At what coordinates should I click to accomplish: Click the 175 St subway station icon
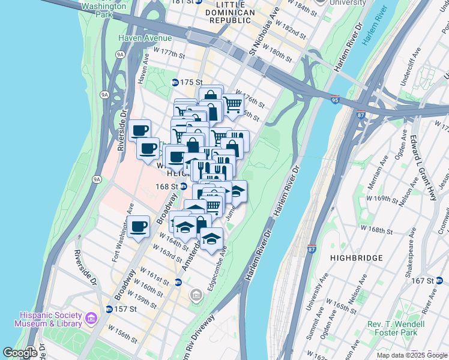click(175, 82)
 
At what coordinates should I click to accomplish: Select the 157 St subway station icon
click(109, 309)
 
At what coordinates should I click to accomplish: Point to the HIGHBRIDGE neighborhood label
click(356, 257)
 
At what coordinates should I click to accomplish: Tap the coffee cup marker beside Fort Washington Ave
click(139, 226)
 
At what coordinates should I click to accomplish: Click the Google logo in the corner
click(20, 353)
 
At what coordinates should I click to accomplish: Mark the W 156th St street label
click(122, 334)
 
